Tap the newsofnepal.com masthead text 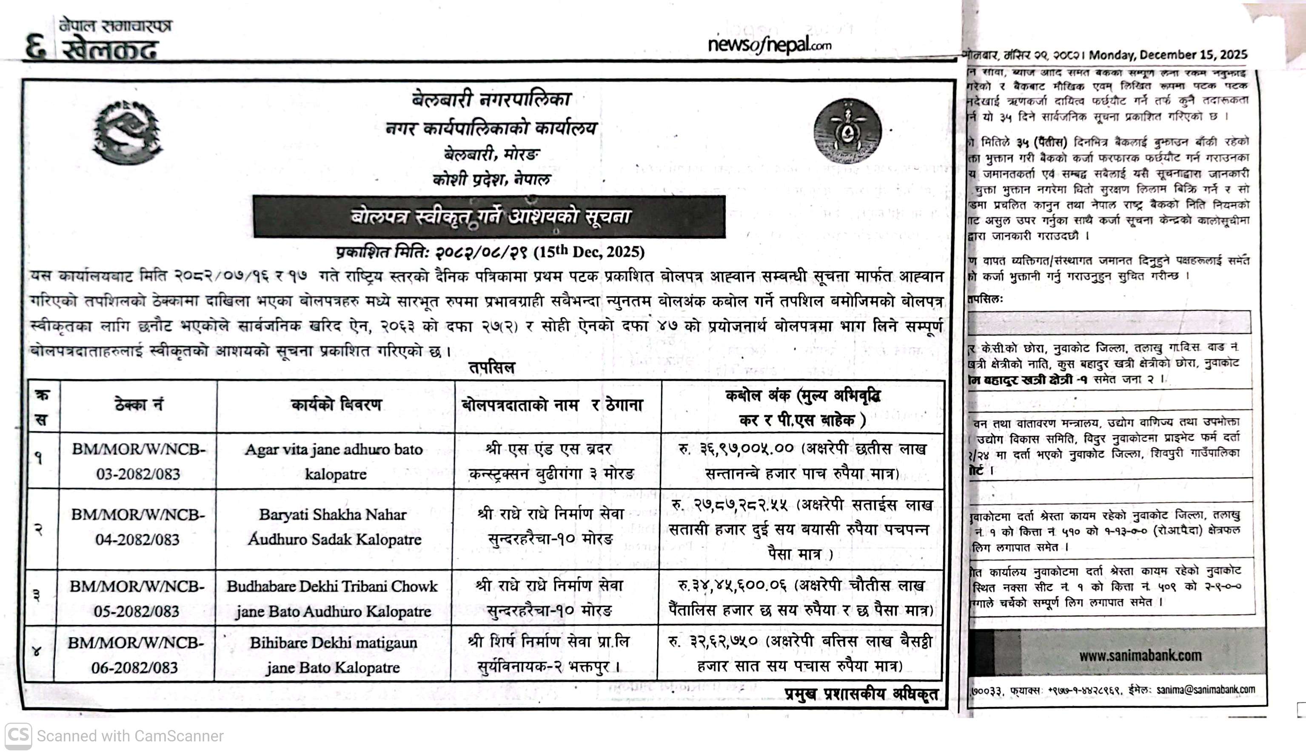pyautogui.click(x=769, y=45)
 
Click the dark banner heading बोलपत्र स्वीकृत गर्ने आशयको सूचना pyautogui.click(x=489, y=216)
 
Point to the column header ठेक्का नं pyautogui.click(x=138, y=406)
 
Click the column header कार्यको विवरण pyautogui.click(x=336, y=406)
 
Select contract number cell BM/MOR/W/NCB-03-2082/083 pyautogui.click(x=138, y=461)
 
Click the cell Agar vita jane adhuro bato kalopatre pyautogui.click(x=335, y=461)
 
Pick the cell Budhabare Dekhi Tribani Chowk pyautogui.click(x=332, y=586)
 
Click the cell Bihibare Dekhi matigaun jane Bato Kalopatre pyautogui.click(x=333, y=655)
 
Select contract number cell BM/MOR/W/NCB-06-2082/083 pyautogui.click(x=135, y=655)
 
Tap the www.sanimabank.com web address pyautogui.click(x=1140, y=656)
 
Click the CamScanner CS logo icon pyautogui.click(x=18, y=736)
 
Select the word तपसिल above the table pyautogui.click(x=491, y=368)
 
